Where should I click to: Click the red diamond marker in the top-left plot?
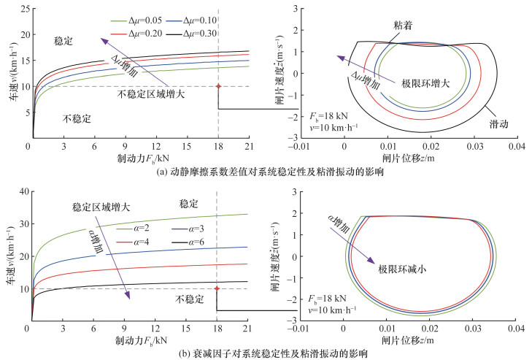coord(218,86)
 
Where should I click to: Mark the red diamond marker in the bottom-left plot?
coord(218,288)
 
